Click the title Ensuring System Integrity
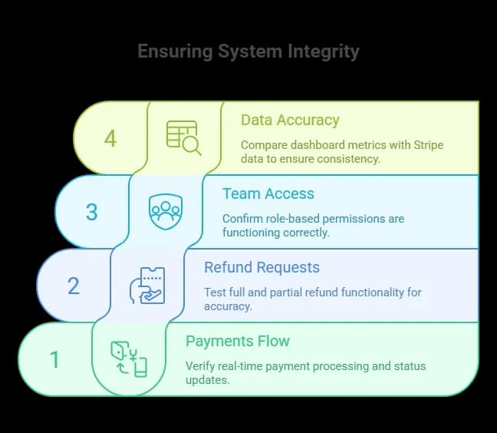tap(248, 52)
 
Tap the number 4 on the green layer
tap(110, 139)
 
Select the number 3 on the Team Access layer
tap(91, 212)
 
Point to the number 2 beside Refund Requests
tap(74, 286)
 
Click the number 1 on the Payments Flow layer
tap(54, 359)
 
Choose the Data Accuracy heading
tap(290, 120)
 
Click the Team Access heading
tap(268, 193)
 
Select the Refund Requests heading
tap(262, 267)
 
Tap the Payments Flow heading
tap(238, 341)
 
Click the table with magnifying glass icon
tap(184, 137)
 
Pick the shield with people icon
tap(165, 210)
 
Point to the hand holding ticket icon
tap(146, 285)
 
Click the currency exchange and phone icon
tap(128, 359)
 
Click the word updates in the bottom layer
tap(206, 379)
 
